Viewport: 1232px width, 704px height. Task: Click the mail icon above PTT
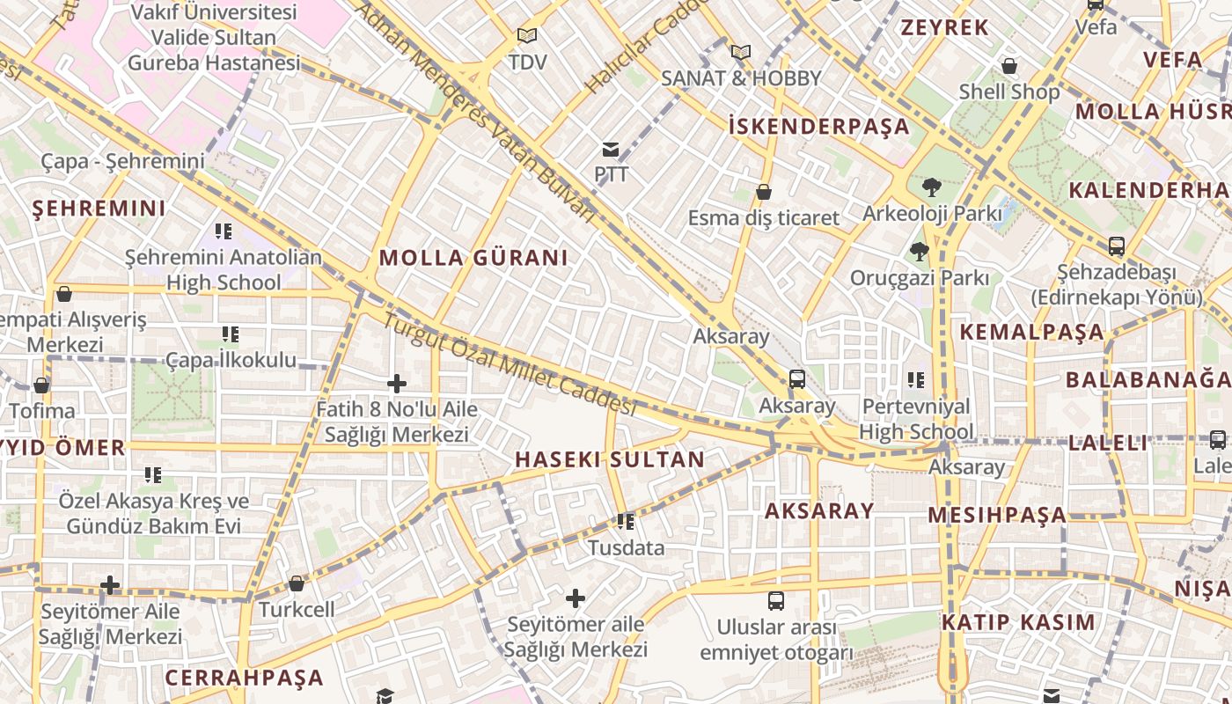pos(611,150)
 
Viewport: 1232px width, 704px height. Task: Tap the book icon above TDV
pos(527,36)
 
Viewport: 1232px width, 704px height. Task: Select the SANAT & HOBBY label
pos(741,78)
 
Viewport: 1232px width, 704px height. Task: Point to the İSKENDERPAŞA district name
pos(819,126)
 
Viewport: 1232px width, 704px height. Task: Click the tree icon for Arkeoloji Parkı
pos(931,187)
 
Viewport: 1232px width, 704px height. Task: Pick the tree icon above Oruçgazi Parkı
pos(920,252)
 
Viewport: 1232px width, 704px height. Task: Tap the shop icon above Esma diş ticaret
pos(764,192)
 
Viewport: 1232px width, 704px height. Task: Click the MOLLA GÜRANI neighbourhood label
pos(473,258)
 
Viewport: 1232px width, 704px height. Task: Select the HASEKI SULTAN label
pos(610,459)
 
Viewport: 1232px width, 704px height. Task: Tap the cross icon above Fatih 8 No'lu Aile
pos(397,384)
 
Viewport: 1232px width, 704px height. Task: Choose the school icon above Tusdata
pos(626,522)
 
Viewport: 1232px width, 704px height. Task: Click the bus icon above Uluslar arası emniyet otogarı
pos(776,601)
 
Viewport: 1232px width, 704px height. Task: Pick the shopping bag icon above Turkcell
pos(297,583)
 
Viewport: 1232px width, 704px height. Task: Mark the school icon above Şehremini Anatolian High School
pos(224,231)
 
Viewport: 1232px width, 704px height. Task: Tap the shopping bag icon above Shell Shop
pos(1009,66)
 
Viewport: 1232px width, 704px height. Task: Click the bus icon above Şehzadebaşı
pos(1117,246)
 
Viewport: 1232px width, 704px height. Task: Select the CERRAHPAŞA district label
pos(245,678)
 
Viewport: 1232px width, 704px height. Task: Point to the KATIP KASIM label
pos(1019,623)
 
